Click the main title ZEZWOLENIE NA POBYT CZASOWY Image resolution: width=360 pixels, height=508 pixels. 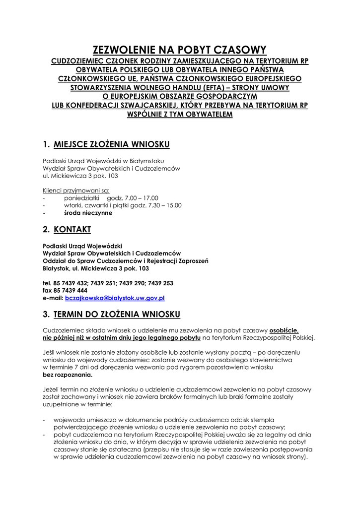180,50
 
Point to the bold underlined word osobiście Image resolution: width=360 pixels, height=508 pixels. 284,330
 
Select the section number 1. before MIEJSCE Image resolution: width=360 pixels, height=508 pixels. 46,144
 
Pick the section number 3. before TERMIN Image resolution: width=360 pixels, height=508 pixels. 46,314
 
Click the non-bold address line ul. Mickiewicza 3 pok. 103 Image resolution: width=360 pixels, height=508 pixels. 80,176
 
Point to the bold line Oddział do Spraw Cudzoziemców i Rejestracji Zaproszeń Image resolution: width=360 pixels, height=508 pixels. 126,261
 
